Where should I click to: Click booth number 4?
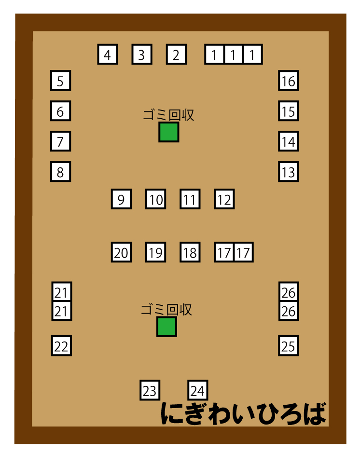107,54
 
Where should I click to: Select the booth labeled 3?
141,54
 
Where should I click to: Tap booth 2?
176,54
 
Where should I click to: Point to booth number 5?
61,81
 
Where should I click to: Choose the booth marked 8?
61,172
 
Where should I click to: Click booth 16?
289,81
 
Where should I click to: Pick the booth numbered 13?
289,172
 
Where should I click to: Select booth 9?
121,199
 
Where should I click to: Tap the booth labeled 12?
224,199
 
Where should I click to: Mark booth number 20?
121,252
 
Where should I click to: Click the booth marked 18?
190,252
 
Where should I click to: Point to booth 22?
61,345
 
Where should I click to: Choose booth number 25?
289,345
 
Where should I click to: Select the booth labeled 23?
150,390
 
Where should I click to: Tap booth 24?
197,390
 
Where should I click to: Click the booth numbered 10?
155,199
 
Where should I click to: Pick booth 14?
289,141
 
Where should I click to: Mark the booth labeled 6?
61,111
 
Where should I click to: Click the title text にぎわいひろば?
243,414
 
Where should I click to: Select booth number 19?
155,252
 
